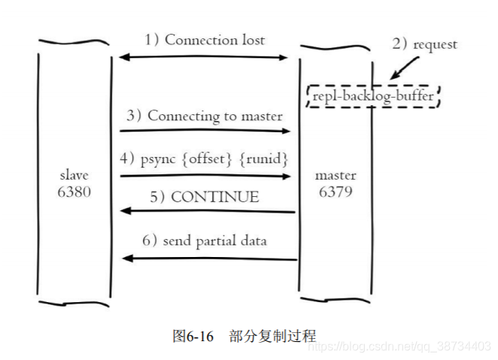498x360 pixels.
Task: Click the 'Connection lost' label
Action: (x=214, y=40)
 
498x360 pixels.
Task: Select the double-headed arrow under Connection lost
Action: (x=205, y=57)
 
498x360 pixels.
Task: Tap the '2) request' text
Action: (x=424, y=44)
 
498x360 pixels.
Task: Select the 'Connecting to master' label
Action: (x=214, y=116)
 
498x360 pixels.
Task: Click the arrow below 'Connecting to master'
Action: (x=205, y=131)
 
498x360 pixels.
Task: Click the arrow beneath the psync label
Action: (x=205, y=176)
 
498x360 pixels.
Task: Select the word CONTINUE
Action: (x=214, y=198)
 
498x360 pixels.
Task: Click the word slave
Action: (x=74, y=175)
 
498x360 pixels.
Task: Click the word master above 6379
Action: (x=336, y=175)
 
